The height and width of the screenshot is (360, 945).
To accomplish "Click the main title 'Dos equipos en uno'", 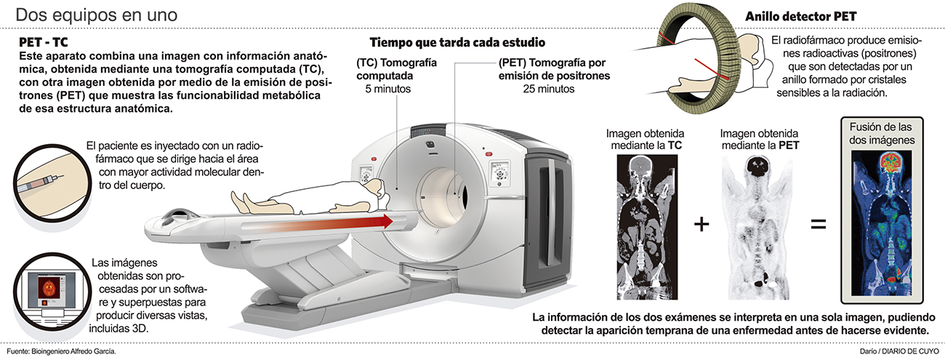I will tap(96, 15).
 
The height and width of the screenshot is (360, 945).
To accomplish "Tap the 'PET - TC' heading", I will tap(44, 43).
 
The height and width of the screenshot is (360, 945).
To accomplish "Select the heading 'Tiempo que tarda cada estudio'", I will tap(457, 42).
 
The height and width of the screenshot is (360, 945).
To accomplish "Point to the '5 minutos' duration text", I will tap(389, 89).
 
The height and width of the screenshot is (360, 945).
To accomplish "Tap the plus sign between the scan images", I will tap(701, 224).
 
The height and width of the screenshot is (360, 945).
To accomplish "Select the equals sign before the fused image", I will tap(818, 224).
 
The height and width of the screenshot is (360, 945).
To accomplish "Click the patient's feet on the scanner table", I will tap(241, 203).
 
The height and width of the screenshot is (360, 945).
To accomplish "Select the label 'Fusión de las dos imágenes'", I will tap(881, 132).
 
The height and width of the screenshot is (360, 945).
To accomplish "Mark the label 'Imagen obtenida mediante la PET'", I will tap(758, 140).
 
